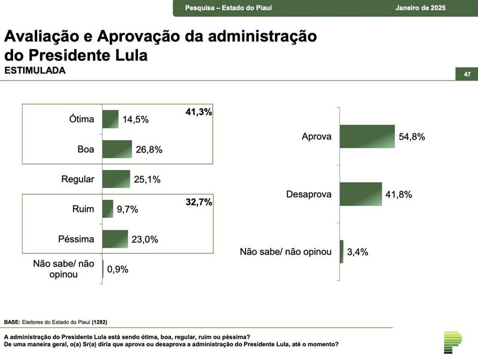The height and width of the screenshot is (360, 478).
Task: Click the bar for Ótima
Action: point(111,119)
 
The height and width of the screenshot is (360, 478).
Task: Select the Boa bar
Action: point(117,149)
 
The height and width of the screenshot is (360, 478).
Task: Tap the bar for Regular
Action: point(116,179)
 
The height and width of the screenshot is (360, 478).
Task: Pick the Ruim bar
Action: point(108,209)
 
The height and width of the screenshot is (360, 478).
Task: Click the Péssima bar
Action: point(115,239)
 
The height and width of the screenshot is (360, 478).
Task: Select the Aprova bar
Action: point(367,136)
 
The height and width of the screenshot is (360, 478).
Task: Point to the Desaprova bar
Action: point(361,194)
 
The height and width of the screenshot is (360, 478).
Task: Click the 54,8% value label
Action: point(412,137)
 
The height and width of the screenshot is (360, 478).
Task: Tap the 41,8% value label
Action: point(399,195)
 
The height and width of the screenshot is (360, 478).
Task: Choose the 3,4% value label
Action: point(358,252)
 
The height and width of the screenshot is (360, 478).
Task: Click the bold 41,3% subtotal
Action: point(199,112)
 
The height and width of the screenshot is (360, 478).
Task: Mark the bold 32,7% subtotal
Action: point(199,202)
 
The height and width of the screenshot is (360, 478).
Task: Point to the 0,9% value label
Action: point(118,269)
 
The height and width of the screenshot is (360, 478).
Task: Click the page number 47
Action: point(467,74)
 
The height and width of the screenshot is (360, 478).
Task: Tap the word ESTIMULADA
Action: point(35,70)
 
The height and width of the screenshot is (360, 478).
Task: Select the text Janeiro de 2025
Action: point(421,7)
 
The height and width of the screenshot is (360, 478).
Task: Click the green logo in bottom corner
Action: point(452,341)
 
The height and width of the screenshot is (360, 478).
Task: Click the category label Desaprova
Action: point(308,195)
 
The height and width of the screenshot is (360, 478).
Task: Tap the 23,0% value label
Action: point(145,239)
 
